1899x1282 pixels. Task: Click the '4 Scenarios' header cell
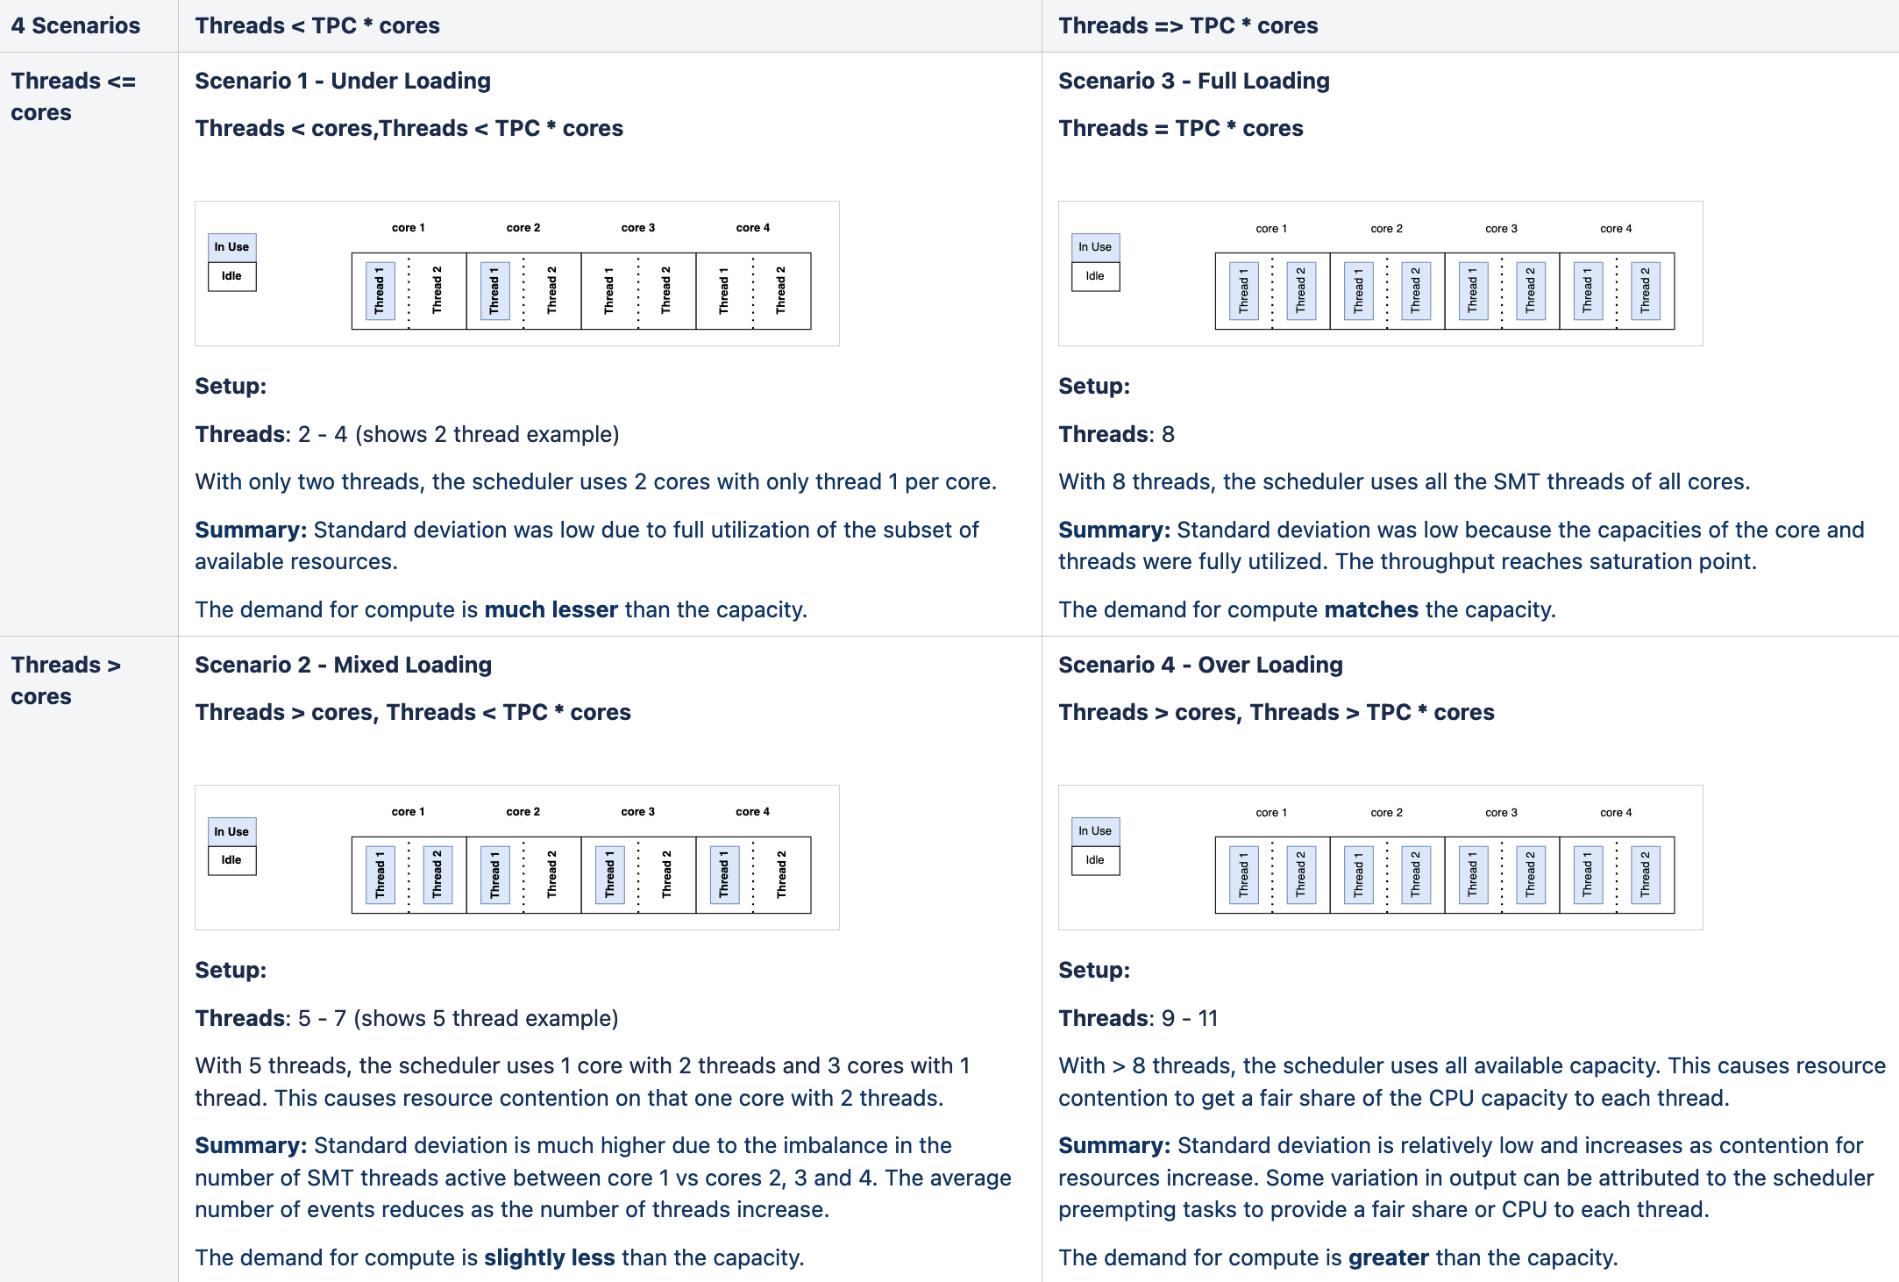pos(75,25)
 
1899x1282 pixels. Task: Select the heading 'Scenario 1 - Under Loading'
pos(342,81)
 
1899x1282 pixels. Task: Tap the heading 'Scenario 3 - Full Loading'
pos(1193,81)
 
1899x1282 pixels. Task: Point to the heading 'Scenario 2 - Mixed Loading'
pos(343,665)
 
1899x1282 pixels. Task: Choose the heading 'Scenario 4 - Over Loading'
pos(1200,665)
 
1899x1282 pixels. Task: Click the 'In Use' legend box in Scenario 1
pos(231,247)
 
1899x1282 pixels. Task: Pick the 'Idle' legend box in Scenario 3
pos(1095,276)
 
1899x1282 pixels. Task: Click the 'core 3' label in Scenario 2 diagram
pos(637,812)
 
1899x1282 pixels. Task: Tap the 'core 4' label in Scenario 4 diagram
pos(1616,813)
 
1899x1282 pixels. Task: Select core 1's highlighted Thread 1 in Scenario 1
pos(380,291)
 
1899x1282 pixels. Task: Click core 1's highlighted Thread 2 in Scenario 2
pos(437,875)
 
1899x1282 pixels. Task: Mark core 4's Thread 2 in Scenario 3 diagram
pos(1645,291)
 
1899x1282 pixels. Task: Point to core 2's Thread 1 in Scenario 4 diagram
pos(1358,875)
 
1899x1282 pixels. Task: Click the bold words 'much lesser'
pos(551,609)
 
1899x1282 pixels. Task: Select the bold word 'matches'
pos(1370,609)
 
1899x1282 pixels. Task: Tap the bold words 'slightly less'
pos(549,1257)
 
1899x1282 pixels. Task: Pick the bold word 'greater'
pos(1388,1257)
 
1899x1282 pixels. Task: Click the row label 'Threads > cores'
pos(66,680)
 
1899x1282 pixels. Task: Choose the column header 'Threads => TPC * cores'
pos(1188,25)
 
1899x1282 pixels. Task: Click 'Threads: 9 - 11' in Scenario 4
pos(1137,1018)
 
